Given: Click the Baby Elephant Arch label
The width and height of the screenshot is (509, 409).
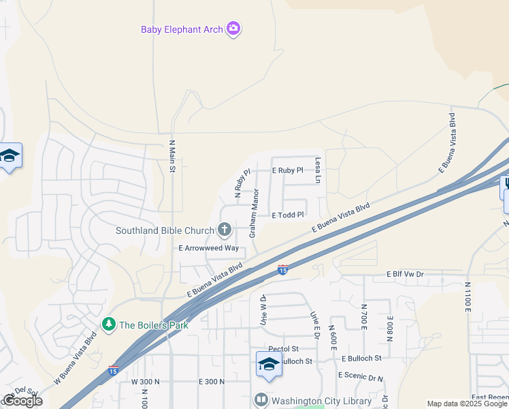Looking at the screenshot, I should click(182, 29).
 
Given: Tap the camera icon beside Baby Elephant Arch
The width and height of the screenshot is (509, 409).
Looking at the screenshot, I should click(234, 29).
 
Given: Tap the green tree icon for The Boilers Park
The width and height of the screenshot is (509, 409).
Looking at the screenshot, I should click(108, 324).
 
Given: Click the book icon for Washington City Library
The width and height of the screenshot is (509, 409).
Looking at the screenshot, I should click(261, 400).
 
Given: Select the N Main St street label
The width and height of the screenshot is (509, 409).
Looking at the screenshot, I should click(172, 156).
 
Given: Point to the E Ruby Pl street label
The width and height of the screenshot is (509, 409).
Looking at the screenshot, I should click(287, 170).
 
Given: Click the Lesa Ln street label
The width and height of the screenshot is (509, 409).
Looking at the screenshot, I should click(318, 170).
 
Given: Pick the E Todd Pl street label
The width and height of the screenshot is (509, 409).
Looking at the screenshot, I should click(287, 215).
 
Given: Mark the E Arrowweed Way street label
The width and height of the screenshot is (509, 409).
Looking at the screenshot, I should click(209, 249).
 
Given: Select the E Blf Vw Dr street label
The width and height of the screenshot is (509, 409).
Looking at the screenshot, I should click(405, 273).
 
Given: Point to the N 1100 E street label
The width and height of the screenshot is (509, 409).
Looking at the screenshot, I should click(468, 297).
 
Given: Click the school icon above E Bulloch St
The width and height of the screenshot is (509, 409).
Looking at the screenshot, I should click(269, 364).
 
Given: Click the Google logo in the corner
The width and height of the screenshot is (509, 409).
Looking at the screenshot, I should click(22, 401).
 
